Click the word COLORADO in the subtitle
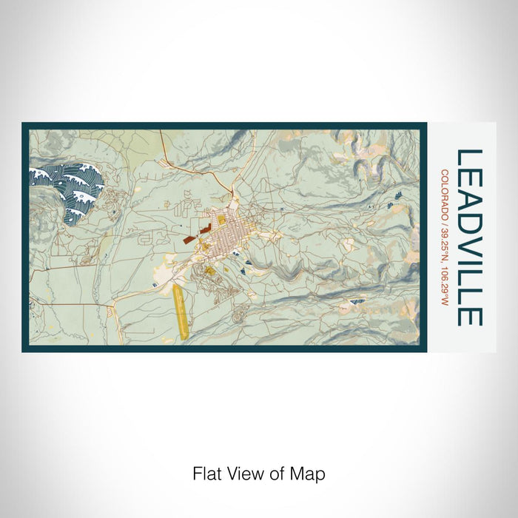(444, 193)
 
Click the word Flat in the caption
(206, 473)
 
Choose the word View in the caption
(242, 473)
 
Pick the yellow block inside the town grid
(221, 220)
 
